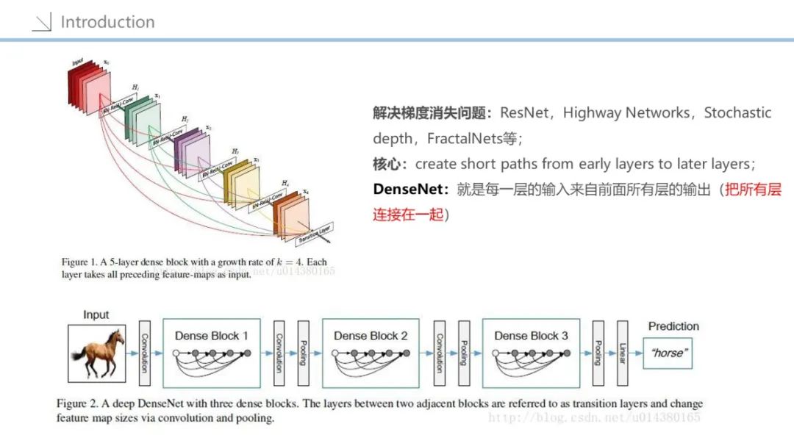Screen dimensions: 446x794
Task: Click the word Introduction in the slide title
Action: pos(107,22)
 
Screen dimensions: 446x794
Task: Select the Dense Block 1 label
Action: pos(211,336)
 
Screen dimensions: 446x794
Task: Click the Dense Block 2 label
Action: pos(371,336)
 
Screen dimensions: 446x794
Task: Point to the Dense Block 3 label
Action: pos(531,336)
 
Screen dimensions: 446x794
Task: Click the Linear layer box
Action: pos(622,353)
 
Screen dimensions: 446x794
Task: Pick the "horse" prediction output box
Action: pos(668,353)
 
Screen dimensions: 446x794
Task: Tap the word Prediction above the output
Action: pos(673,326)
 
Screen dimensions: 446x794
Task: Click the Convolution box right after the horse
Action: pos(143,353)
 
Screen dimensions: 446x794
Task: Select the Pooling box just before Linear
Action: pos(597,353)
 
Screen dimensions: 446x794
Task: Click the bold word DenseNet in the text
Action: pos(409,189)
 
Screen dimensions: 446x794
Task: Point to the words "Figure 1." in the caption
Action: pos(83,262)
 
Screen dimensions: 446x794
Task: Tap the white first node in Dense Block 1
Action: pos(176,353)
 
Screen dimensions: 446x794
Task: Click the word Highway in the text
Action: pos(592,113)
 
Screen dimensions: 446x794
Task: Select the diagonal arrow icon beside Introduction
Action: pos(43,22)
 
